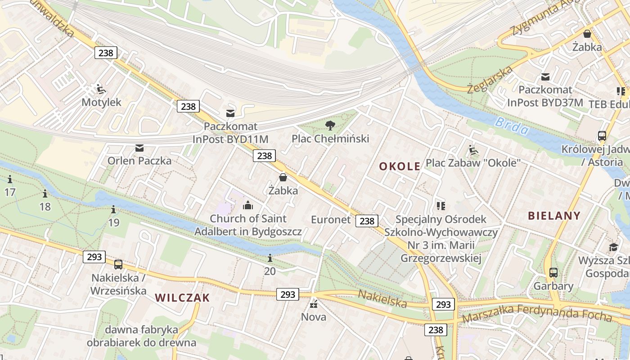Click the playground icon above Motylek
[101, 89]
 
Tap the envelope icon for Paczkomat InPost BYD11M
[230, 113]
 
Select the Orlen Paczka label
[139, 161]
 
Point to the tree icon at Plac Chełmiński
[330, 125]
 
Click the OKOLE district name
[400, 166]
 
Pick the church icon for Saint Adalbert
[247, 206]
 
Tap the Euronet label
[331, 220]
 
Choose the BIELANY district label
[554, 216]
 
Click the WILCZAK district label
[183, 297]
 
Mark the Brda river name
[512, 126]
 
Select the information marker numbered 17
[10, 180]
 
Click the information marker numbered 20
[270, 258]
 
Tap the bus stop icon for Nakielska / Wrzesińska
[118, 265]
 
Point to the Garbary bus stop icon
[553, 273]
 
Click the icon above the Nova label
[314, 304]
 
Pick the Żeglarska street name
[490, 80]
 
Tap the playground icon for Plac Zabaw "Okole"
[473, 150]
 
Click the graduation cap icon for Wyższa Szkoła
[613, 247]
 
